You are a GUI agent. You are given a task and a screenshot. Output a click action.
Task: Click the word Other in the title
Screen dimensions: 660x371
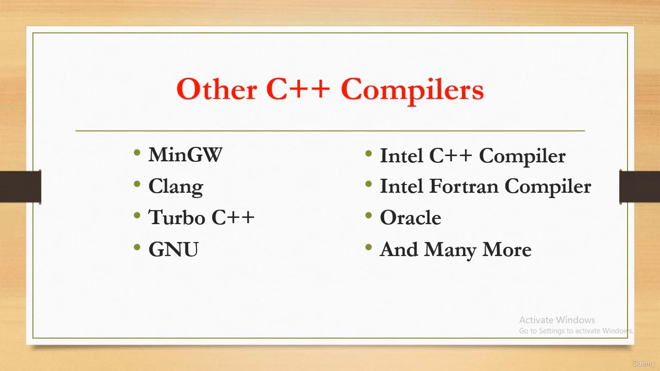(217, 89)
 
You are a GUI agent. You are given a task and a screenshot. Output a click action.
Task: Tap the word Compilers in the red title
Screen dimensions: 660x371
(412, 90)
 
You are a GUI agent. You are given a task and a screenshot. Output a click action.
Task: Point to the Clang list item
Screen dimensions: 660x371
(176, 187)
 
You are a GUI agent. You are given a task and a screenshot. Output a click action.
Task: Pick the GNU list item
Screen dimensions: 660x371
(174, 249)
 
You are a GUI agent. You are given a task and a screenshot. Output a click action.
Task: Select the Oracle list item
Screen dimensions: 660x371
(410, 217)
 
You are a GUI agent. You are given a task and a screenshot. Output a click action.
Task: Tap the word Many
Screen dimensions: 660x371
(450, 250)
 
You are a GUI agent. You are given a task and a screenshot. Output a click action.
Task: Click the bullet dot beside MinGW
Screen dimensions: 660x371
(137, 153)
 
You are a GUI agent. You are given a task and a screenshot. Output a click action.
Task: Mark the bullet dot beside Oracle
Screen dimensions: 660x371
(369, 215)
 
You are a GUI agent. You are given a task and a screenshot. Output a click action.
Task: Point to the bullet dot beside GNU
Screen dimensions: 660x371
(137, 247)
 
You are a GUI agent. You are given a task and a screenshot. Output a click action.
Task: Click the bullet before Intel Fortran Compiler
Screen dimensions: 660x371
(369, 184)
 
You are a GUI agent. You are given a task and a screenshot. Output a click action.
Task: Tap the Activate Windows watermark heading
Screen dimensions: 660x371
(557, 320)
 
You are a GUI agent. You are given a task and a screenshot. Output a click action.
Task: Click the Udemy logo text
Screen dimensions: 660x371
(644, 363)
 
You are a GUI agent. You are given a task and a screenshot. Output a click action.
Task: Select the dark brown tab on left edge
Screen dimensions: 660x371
(21, 187)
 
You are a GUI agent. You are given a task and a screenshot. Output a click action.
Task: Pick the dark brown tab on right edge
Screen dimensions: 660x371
(639, 187)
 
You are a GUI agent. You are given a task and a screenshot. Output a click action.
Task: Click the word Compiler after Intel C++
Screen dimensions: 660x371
(522, 156)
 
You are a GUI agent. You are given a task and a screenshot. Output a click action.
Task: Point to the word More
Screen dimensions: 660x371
(507, 249)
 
